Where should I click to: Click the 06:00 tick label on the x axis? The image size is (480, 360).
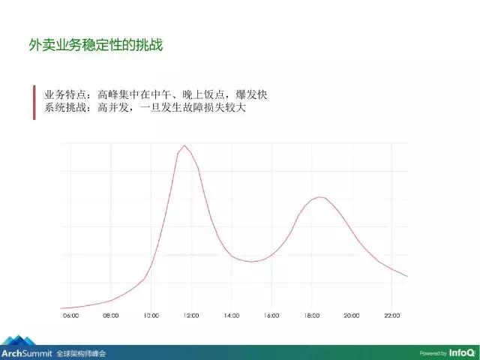click(71, 316)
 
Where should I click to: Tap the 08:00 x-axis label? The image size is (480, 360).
click(111, 316)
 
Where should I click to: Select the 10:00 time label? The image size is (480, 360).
click(151, 316)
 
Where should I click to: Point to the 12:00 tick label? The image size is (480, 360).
click(191, 316)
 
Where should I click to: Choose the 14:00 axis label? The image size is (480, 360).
click(231, 316)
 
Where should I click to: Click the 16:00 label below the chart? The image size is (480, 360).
click(271, 316)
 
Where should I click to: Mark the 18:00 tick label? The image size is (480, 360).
click(311, 316)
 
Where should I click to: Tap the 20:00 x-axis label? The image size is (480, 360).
click(351, 316)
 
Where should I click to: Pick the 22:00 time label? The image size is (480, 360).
click(391, 316)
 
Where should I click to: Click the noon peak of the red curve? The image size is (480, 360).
click(184, 145)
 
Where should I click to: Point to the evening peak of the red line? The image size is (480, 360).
click(320, 197)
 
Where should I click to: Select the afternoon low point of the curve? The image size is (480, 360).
click(252, 262)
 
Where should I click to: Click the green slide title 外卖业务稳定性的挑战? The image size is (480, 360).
click(95, 46)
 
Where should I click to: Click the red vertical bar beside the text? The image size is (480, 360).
click(34, 102)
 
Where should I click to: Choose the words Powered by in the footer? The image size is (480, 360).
click(433, 352)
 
